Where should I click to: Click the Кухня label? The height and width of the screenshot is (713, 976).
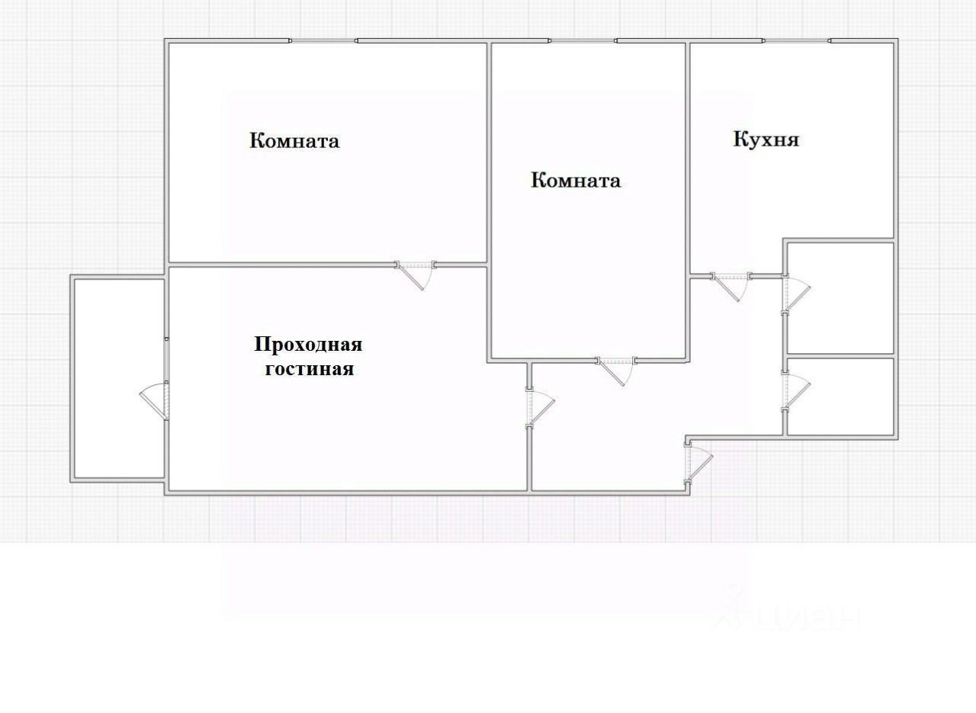coord(766,140)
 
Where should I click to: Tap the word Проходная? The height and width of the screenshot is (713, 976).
coord(308,345)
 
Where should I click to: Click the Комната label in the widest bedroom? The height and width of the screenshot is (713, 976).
coord(294,141)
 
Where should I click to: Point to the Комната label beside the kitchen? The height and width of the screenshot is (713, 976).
coord(575,181)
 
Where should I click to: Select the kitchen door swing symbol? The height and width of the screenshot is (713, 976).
coord(730,284)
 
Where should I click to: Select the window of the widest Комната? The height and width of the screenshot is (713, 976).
coord(323,40)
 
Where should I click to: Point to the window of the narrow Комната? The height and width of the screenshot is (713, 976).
coord(583,40)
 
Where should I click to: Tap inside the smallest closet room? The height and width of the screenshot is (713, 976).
coord(840,397)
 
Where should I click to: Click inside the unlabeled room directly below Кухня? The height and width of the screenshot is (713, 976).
coord(840,297)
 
